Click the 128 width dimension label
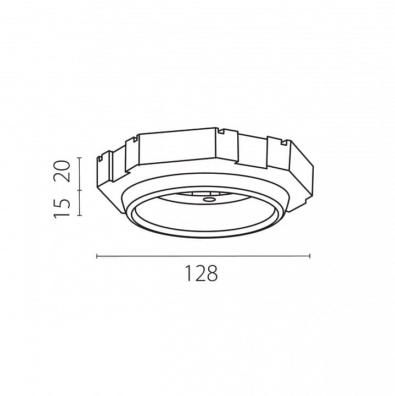(201, 273)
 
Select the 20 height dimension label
(62, 171)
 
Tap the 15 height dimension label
(62, 207)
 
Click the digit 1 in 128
(188, 273)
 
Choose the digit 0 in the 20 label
(62, 166)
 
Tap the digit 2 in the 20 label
(62, 177)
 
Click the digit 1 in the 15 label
(62, 214)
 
